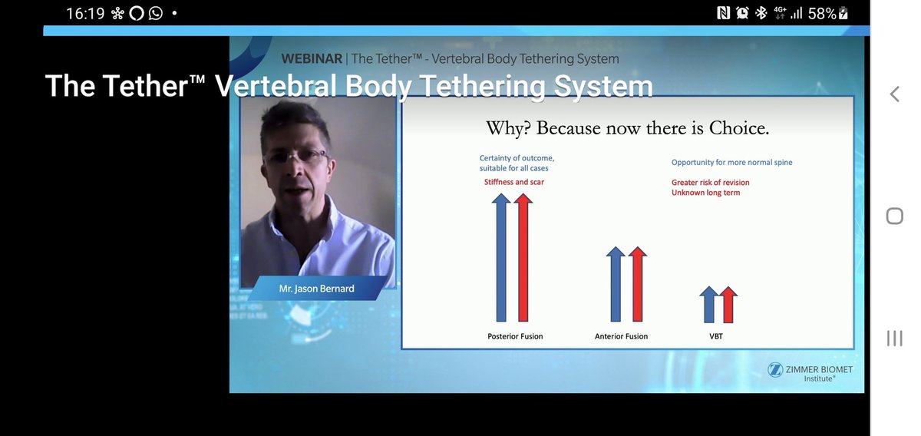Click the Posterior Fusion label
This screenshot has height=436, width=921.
[x=515, y=336]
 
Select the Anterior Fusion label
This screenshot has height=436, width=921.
[x=621, y=336]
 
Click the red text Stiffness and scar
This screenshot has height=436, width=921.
[x=513, y=182]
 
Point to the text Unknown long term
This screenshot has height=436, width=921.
[x=705, y=193]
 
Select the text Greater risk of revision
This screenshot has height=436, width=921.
[x=710, y=183]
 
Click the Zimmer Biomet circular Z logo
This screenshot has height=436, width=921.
[x=774, y=370]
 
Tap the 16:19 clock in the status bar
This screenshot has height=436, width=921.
[x=84, y=13]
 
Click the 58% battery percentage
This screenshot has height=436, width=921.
[x=822, y=13]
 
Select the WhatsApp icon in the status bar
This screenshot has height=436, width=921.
[x=156, y=13]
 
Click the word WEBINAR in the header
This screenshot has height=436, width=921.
[x=312, y=58]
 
